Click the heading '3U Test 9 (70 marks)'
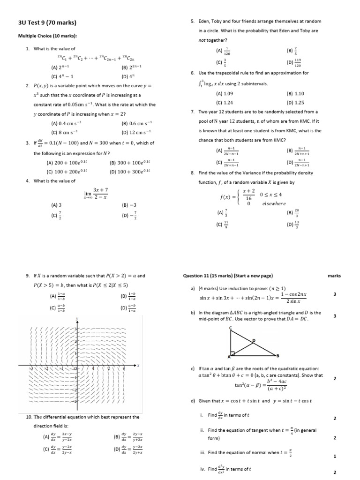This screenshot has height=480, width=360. tap(47, 22)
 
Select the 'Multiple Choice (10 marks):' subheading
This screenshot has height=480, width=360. tap(47, 36)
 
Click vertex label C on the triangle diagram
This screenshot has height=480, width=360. tap(230, 329)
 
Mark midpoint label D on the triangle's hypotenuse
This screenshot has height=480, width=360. tap(254, 340)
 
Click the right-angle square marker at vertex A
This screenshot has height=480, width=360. tap(232, 353)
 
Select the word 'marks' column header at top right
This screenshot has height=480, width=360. tap(334, 276)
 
